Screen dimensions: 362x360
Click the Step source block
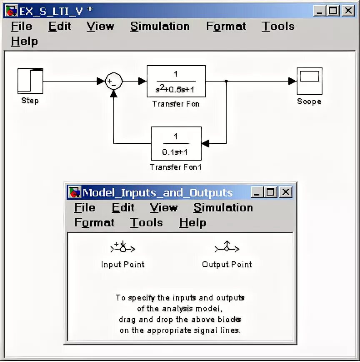[30, 81]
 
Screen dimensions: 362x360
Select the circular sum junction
[113, 81]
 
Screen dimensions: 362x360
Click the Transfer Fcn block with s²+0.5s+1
[176, 81]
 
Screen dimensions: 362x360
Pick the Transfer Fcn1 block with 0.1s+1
[176, 144]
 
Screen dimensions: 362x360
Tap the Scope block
[309, 81]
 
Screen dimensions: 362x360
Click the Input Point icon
[123, 248]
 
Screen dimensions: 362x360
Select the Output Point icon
[227, 248]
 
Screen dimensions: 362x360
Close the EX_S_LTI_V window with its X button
[348, 11]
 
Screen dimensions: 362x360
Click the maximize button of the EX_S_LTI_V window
[333, 11]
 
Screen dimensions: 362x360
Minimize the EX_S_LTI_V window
[320, 11]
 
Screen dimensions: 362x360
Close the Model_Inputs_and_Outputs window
[285, 192]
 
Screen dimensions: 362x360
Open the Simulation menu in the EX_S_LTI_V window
[160, 26]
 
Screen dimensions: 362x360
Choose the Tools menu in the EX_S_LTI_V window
[278, 26]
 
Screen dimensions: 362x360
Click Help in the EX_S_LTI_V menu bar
[24, 41]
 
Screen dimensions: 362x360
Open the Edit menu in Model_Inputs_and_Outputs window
[123, 208]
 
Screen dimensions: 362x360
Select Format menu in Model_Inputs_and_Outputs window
[94, 223]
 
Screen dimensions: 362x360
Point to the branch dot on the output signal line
[226, 81]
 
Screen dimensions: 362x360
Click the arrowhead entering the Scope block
[292, 81]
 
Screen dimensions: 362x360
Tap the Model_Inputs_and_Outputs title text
[157, 193]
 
